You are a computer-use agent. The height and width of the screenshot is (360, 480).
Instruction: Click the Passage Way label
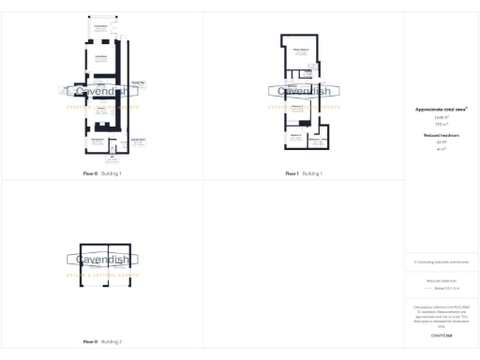[138, 83]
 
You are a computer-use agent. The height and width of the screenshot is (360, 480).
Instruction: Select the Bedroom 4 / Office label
[318, 141]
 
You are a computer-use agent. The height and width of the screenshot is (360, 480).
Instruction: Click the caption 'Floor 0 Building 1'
[102, 173]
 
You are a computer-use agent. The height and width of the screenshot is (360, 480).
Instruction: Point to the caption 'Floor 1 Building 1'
[304, 173]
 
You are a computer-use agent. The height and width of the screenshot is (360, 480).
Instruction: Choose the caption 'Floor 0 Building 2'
[102, 341]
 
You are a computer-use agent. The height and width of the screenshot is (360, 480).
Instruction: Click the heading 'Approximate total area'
[442, 109]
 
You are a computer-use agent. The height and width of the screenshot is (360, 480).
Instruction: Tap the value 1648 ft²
[441, 117]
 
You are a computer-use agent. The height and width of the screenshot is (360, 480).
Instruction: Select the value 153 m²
[441, 124]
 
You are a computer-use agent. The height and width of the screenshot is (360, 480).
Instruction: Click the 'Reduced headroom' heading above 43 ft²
[441, 135]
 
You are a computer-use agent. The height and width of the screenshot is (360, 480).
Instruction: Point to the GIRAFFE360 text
[441, 335]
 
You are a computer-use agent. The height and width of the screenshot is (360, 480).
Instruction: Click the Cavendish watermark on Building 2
[101, 260]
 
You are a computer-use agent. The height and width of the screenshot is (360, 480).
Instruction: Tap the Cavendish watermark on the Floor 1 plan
[304, 92]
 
